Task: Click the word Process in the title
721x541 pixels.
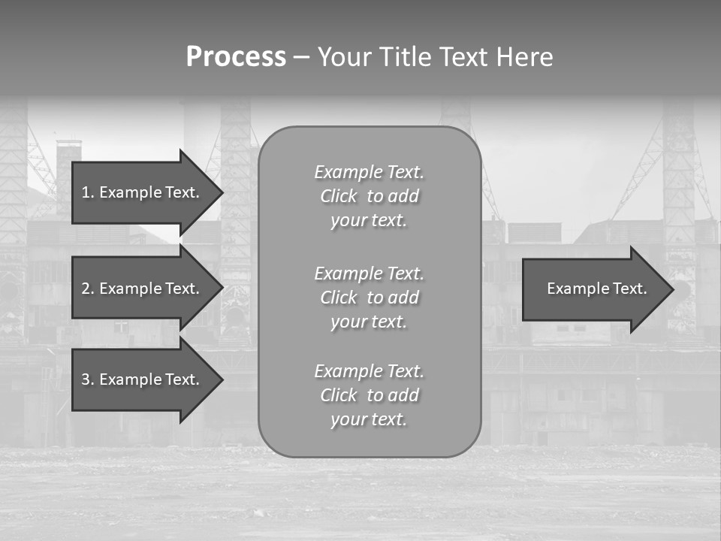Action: coord(236,57)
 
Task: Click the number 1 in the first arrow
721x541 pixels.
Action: coord(86,192)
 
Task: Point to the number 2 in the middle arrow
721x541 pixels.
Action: coord(86,289)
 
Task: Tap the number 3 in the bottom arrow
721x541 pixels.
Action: coord(86,379)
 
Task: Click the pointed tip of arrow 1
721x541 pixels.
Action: coord(220,192)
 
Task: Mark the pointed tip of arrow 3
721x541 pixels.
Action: coord(220,379)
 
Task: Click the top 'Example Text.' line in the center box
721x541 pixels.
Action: coord(369,172)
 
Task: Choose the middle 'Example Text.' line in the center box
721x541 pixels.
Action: coord(369,274)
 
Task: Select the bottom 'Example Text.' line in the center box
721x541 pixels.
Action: coord(369,371)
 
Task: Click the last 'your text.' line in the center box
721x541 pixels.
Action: coord(369,419)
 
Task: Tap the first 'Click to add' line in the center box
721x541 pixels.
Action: coord(369,196)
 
